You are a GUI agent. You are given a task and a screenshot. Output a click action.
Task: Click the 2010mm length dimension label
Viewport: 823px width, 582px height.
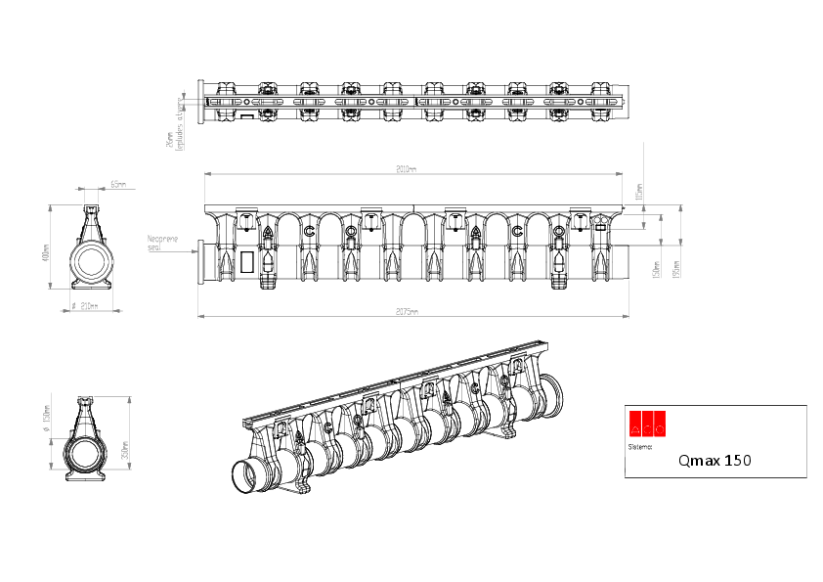click(x=407, y=169)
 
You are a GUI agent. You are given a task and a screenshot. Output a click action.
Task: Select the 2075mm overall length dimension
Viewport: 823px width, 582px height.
click(x=408, y=312)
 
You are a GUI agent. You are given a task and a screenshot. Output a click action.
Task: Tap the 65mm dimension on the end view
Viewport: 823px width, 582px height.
click(x=117, y=184)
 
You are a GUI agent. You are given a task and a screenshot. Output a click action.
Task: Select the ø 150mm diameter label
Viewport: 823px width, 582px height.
click(x=46, y=426)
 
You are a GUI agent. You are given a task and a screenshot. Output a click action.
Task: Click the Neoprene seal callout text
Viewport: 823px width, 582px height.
click(x=161, y=242)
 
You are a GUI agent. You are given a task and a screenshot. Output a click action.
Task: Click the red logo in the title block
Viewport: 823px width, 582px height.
click(x=646, y=422)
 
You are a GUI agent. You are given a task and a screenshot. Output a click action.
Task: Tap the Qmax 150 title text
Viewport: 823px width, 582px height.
click(x=715, y=459)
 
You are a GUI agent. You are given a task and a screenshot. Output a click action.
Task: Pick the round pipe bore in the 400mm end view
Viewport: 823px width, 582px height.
click(x=92, y=261)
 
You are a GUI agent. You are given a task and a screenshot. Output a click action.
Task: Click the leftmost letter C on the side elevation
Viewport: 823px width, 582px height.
click(x=309, y=231)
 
